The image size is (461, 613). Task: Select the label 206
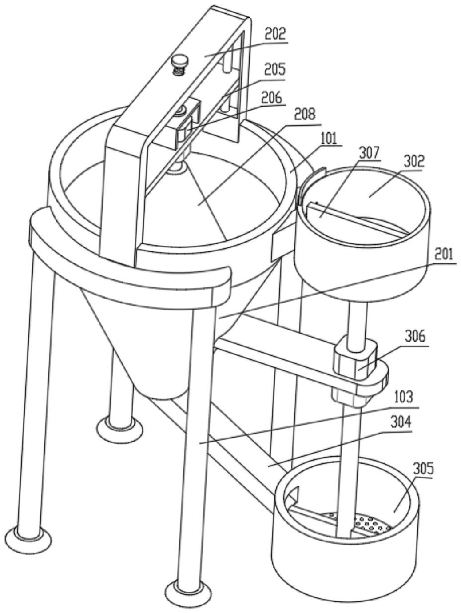click(x=272, y=98)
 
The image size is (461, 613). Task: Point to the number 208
click(x=304, y=115)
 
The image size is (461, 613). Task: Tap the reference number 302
click(x=413, y=161)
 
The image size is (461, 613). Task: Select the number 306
click(x=416, y=338)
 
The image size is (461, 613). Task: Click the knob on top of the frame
click(x=180, y=66)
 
